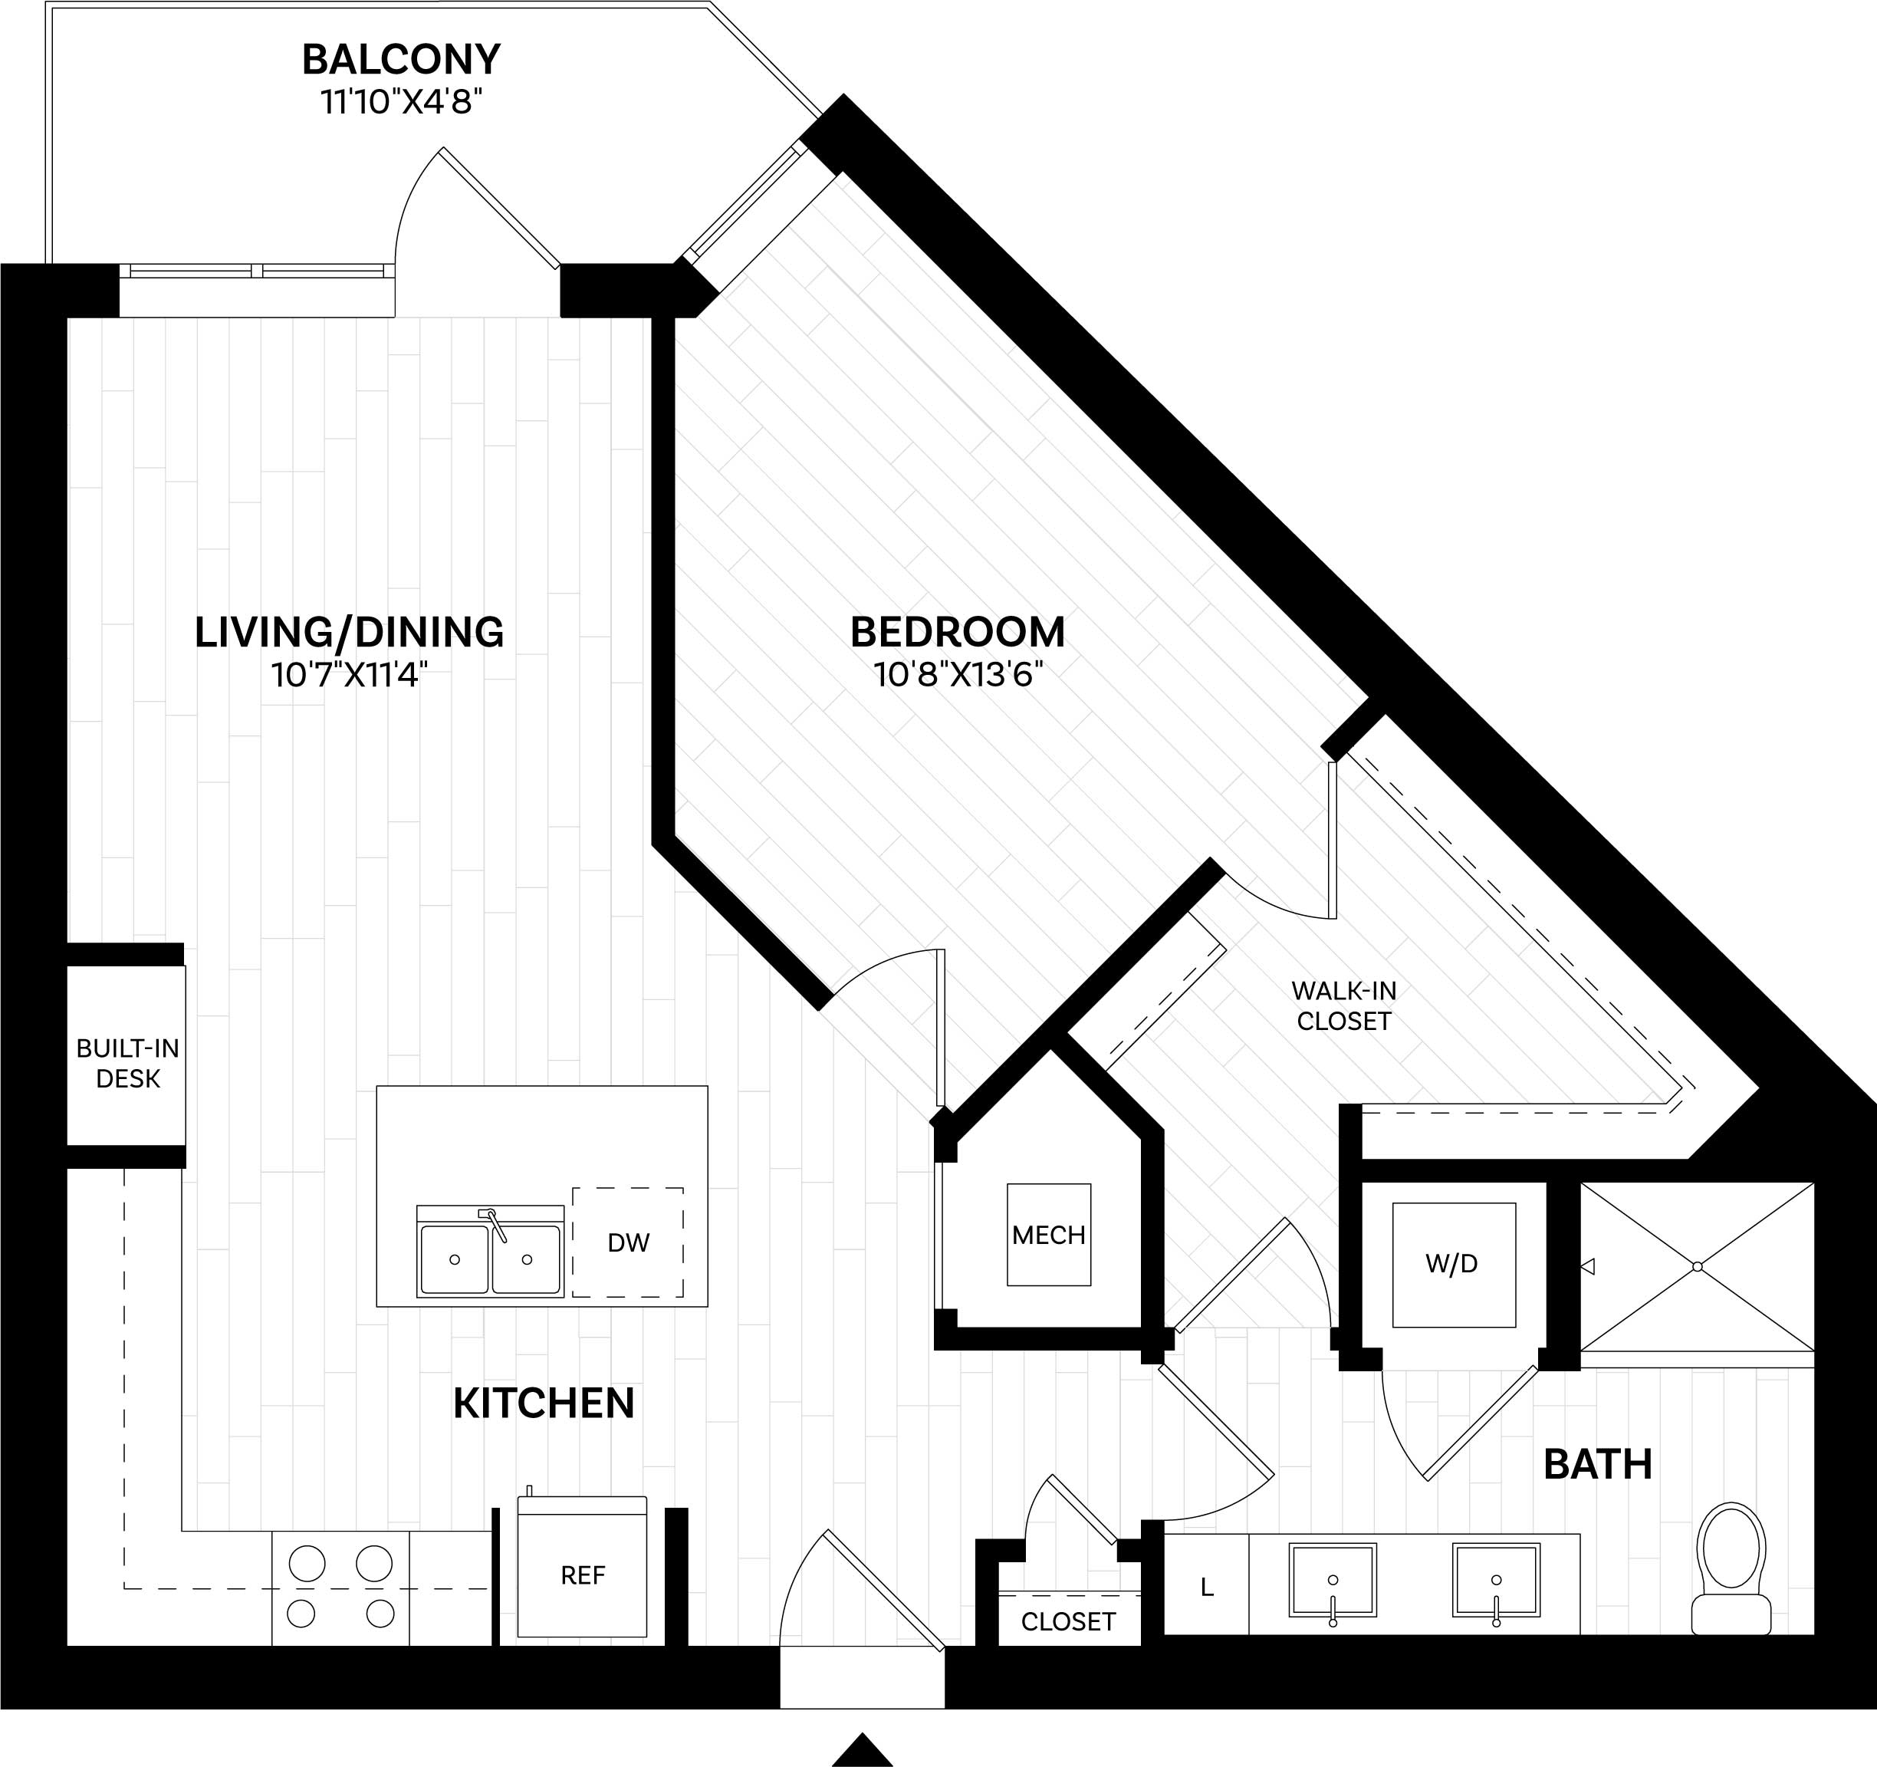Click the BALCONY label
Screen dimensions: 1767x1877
[400, 60]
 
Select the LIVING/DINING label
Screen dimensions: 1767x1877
[350, 632]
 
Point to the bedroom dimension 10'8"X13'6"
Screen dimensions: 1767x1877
[958, 674]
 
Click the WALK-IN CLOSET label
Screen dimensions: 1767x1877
[1343, 1005]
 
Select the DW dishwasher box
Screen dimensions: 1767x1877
[628, 1242]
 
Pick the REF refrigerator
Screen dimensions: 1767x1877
[583, 1575]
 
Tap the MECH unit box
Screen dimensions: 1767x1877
[1048, 1234]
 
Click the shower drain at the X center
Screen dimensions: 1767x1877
[1698, 1266]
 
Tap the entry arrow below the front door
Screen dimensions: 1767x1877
[861, 1749]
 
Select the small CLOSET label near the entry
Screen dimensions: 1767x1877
[1068, 1621]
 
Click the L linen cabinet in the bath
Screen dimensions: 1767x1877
[1205, 1588]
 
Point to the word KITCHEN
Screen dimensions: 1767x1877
[544, 1403]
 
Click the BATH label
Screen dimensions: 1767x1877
[1598, 1464]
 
